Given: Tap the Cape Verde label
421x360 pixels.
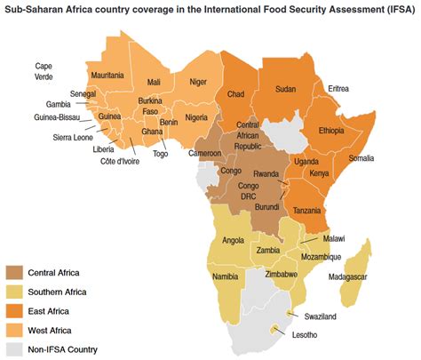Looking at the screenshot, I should [44, 71].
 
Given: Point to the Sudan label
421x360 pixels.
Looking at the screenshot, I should [285, 89].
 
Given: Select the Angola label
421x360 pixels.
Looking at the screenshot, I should [233, 241].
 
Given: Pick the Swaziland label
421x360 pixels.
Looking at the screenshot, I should [320, 316].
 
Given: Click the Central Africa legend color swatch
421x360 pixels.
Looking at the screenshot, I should [14, 272].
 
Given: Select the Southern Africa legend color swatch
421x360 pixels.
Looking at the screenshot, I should [14, 292].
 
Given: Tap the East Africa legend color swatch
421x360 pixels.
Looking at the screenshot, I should [14, 311].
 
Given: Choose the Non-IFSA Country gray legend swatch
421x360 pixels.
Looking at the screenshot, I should [14, 349].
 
